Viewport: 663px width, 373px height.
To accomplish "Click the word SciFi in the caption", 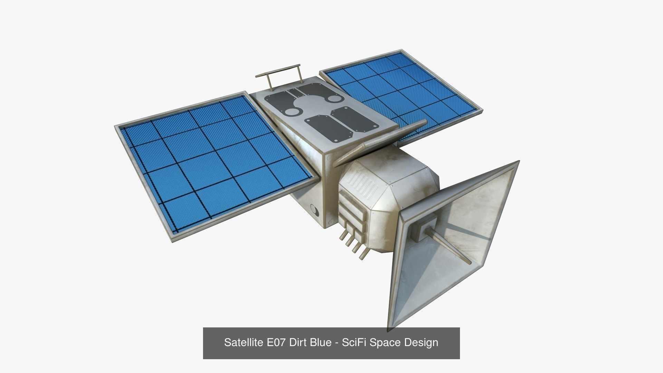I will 353,343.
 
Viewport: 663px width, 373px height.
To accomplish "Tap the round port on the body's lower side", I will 315,209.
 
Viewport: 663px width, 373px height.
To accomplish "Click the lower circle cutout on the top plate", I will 292,112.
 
